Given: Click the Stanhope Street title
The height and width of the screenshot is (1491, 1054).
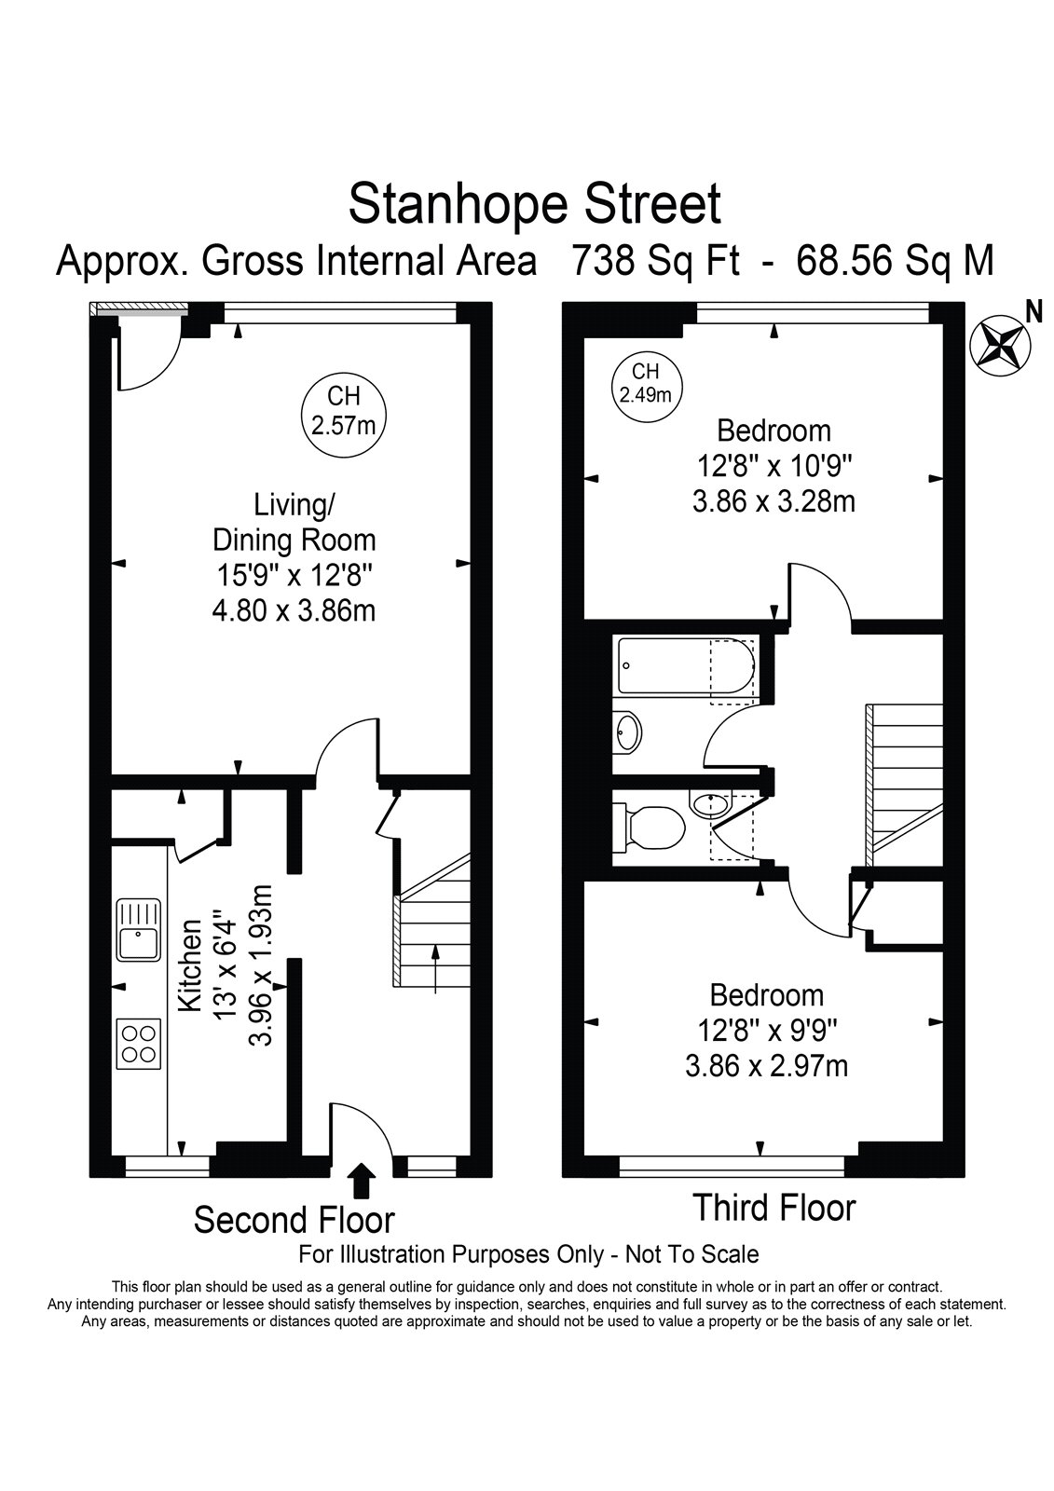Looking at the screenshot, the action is [534, 205].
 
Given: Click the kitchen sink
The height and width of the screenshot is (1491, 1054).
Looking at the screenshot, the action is [139, 930].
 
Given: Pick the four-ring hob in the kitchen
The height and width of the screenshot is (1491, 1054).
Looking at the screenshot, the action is [139, 1044].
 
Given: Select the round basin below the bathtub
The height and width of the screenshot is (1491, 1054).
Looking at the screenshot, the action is [627, 732].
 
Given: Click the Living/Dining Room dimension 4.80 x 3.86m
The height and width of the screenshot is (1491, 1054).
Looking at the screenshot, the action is [294, 610].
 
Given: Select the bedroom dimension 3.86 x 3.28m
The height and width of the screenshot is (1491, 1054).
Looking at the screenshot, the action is [773, 501].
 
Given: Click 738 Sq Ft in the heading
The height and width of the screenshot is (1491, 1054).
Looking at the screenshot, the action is [656, 260].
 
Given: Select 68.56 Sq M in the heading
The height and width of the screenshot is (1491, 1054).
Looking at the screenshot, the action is [895, 260].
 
